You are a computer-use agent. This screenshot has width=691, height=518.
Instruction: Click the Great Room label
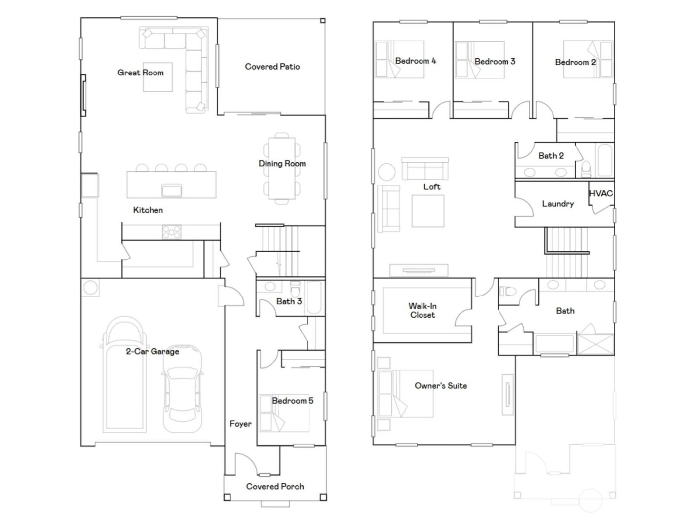click(x=140, y=73)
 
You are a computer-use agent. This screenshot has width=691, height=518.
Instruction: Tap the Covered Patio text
click(x=272, y=67)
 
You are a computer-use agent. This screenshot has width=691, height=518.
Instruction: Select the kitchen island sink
click(x=172, y=190)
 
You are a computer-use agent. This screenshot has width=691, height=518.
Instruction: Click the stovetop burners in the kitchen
click(x=171, y=232)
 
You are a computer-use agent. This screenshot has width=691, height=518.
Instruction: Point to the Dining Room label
click(x=282, y=163)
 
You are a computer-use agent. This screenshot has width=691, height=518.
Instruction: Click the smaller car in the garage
click(x=183, y=390)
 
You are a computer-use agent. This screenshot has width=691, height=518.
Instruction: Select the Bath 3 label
click(x=289, y=301)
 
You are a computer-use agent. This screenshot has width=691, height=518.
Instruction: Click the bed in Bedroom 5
click(x=284, y=413)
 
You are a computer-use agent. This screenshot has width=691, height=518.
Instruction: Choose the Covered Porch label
click(x=275, y=487)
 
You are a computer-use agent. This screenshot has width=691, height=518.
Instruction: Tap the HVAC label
click(x=601, y=194)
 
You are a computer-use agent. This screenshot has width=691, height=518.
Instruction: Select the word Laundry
click(x=558, y=204)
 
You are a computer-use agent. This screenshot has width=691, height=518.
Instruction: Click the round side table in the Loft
click(x=386, y=172)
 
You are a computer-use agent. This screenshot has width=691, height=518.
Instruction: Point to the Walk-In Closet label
click(x=422, y=311)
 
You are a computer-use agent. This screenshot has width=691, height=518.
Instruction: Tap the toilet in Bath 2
click(x=586, y=169)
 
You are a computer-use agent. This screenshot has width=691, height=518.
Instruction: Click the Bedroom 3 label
click(x=495, y=62)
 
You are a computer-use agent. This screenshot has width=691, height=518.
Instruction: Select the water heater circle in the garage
click(x=90, y=288)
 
